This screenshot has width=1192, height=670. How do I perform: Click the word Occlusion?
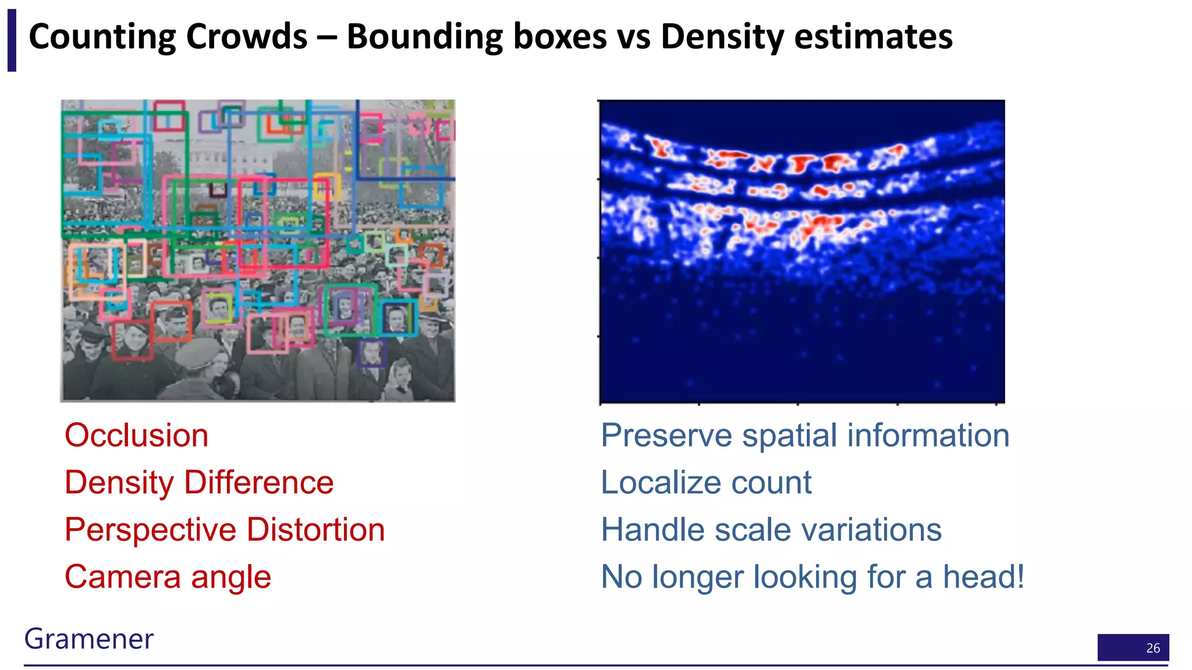[x=136, y=436]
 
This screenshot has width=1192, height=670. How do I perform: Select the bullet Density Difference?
[x=199, y=483]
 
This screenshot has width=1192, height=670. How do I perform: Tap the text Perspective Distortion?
[x=225, y=530]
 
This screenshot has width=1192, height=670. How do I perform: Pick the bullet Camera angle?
[x=168, y=577]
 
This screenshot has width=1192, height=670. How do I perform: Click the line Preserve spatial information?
[x=805, y=436]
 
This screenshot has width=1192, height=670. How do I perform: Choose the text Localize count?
[x=705, y=483]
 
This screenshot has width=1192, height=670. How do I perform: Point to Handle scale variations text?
[x=771, y=530]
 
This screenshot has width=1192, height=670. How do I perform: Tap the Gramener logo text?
[x=88, y=639]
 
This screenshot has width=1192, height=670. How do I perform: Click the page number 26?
[x=1152, y=648]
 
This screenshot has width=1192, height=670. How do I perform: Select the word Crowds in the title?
[x=246, y=37]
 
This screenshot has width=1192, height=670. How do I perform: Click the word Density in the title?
[x=722, y=37]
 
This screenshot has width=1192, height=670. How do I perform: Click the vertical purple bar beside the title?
[x=12, y=40]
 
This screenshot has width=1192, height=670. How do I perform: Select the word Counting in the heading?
[x=102, y=37]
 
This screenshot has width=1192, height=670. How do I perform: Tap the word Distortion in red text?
[x=315, y=530]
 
